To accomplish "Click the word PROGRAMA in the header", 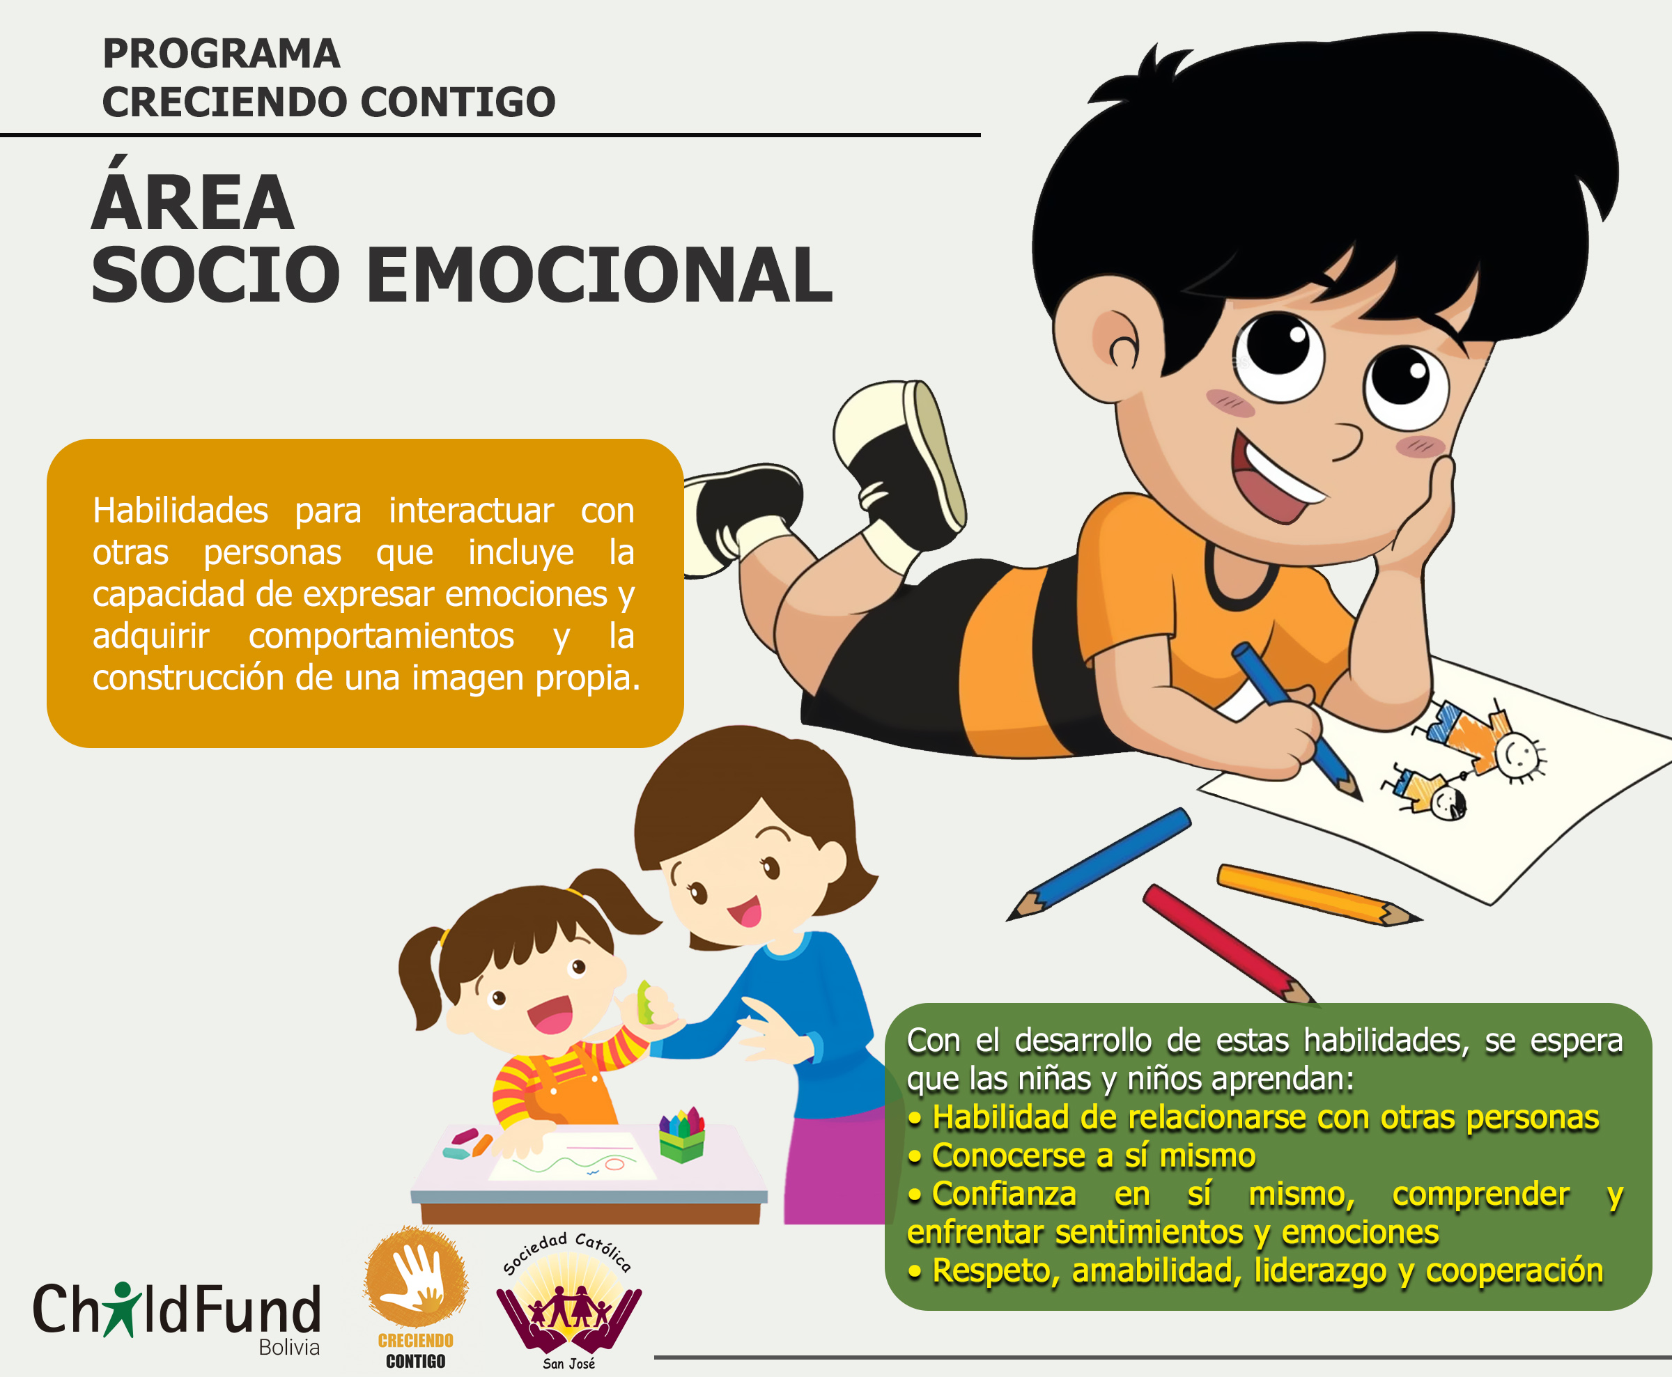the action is (x=222, y=54).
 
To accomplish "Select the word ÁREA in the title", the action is (x=193, y=195).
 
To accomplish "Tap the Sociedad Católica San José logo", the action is (x=568, y=1301).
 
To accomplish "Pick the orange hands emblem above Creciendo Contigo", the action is (x=416, y=1277).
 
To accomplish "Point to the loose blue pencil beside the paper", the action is (x=1099, y=864).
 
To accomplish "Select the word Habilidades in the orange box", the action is (x=180, y=510).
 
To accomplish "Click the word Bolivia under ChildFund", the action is (x=288, y=1347).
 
